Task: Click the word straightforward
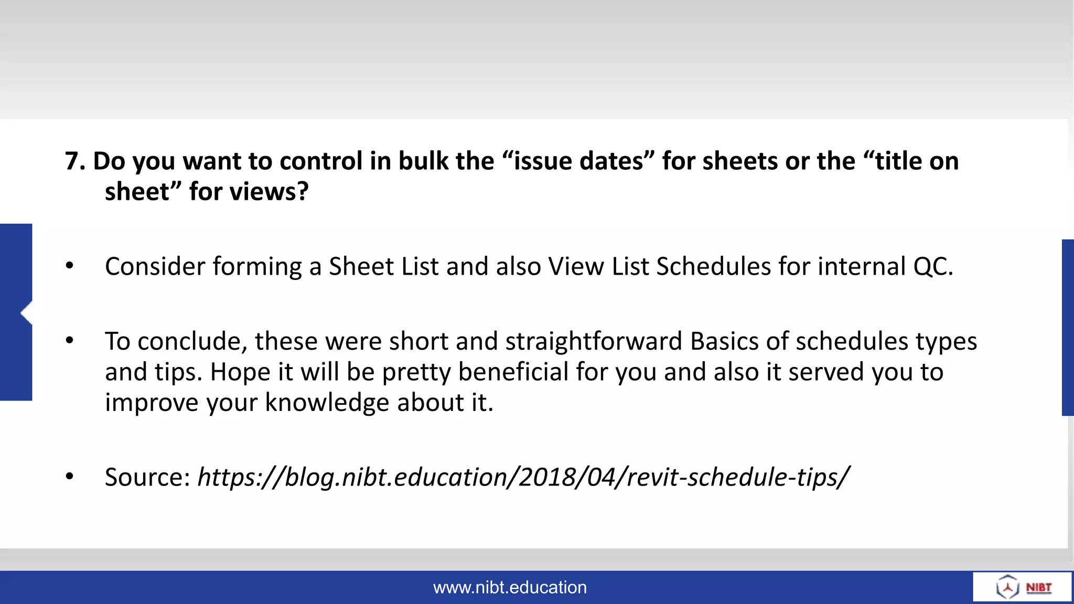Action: coord(594,341)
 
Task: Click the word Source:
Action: coord(147,477)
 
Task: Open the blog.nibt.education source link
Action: coord(523,477)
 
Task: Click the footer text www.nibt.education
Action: coord(510,587)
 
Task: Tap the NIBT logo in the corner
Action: coord(1023,587)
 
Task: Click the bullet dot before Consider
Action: coord(70,266)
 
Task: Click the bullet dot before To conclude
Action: coord(70,341)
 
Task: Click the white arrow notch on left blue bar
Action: coord(26,313)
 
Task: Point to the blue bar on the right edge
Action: coord(1068,328)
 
